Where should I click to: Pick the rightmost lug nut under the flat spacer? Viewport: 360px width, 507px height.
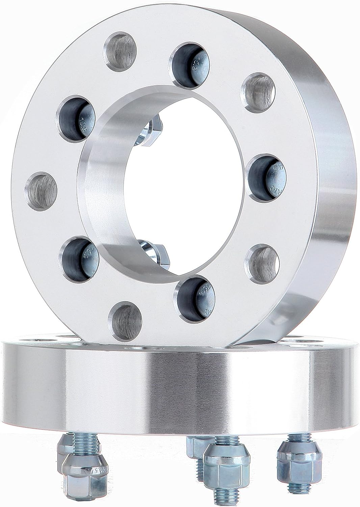291,461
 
